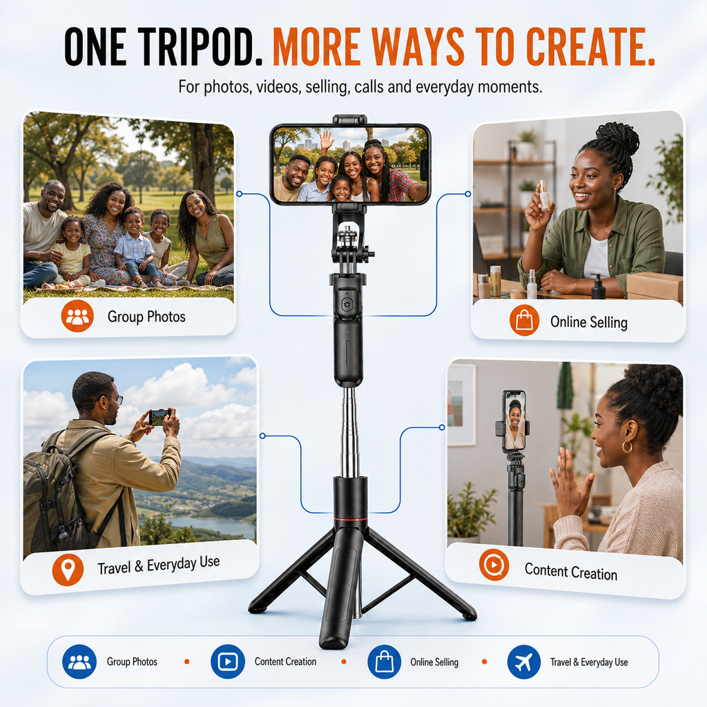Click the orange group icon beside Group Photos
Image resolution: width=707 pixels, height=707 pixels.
point(77,316)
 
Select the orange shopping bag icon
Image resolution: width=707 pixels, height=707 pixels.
point(525,320)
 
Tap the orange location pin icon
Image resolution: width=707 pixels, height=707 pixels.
point(68,570)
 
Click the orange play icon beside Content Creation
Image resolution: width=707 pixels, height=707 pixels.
point(494,565)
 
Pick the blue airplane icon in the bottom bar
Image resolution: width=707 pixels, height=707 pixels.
point(524,662)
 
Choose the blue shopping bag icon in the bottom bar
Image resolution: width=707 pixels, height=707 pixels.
point(384,662)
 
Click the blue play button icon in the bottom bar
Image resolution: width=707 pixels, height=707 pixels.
point(228,662)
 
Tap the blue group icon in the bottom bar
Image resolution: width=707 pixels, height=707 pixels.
point(79,662)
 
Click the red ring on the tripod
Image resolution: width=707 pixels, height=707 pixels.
point(350,519)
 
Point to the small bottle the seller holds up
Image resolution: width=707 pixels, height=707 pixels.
point(545,194)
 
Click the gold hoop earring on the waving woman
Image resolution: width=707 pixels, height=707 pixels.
point(627,447)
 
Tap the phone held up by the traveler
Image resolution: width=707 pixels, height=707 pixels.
point(160,417)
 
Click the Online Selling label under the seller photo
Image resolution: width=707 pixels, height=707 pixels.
point(589,322)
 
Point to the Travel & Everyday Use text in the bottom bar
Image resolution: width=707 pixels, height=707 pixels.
point(589,662)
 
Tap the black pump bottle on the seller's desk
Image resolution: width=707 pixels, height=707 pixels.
point(599,287)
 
